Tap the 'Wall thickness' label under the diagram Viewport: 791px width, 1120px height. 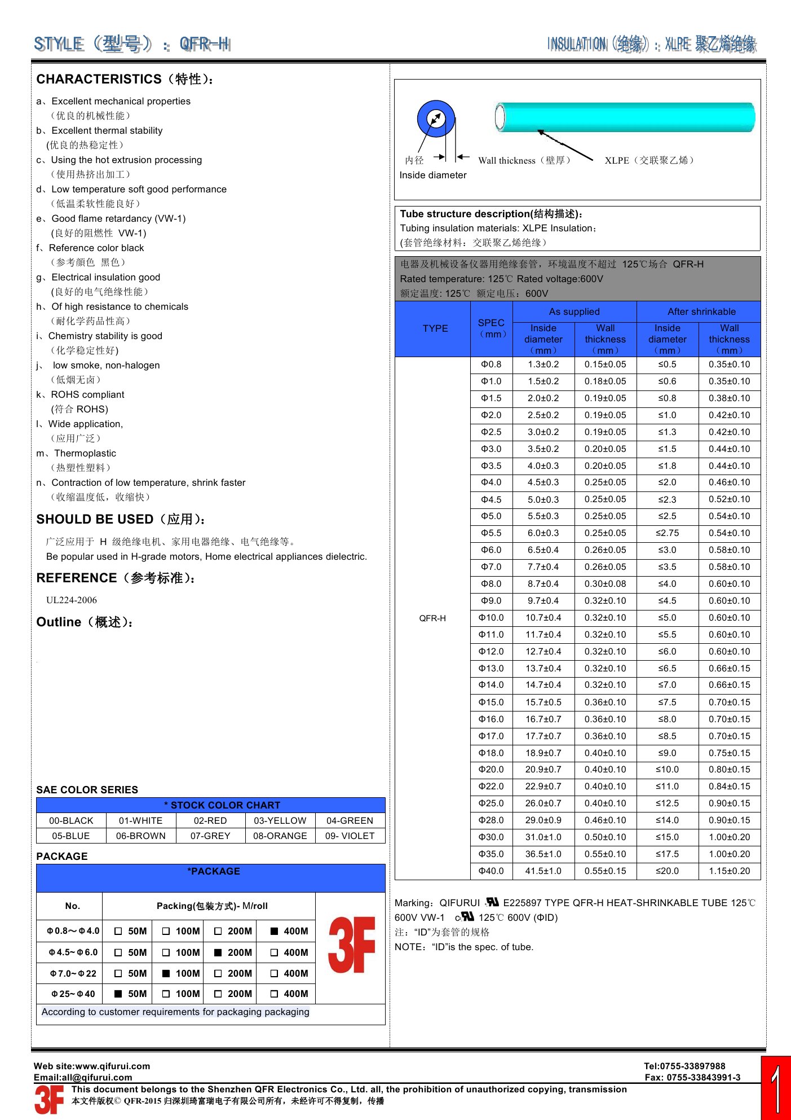pyautogui.click(x=506, y=160)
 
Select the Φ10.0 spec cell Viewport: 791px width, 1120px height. pyautogui.click(x=491, y=618)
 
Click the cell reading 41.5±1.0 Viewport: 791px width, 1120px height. pyautogui.click(x=543, y=871)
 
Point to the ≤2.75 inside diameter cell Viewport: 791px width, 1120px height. pyautogui.click(x=667, y=533)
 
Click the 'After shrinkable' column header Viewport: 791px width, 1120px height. pyautogui.click(x=701, y=311)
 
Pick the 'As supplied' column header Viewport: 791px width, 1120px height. pyautogui.click(x=574, y=311)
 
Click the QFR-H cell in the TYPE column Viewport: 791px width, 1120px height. pyautogui.click(x=432, y=618)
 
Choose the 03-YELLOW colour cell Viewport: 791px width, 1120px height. pyautogui.click(x=280, y=820)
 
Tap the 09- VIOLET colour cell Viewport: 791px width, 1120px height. pyautogui.click(x=350, y=836)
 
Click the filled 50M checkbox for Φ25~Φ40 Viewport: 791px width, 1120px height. pyautogui.click(x=118, y=994)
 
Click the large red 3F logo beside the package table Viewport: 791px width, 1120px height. pyautogui.click(x=351, y=945)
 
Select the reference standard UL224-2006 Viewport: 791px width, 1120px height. pyautogui.click(x=72, y=600)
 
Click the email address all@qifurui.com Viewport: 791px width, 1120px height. pyautogui.click(x=97, y=1077)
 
